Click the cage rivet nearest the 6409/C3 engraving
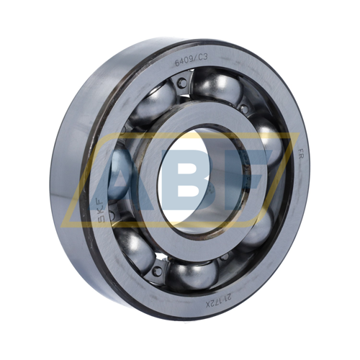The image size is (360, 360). pos(182,83)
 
